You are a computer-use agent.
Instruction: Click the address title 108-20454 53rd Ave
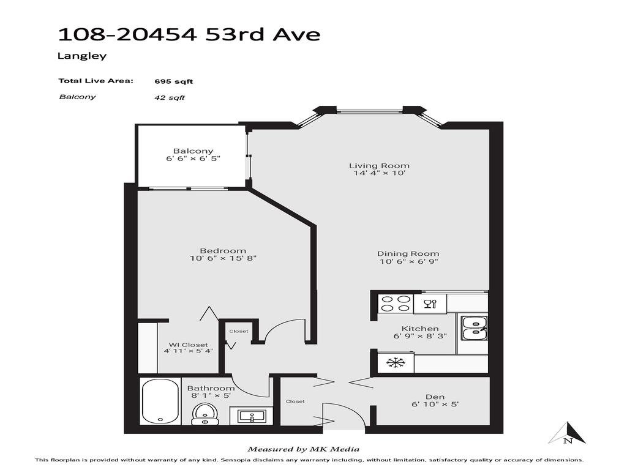[189, 34]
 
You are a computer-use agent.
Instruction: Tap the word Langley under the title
[82, 56]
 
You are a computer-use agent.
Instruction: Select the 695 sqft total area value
[174, 81]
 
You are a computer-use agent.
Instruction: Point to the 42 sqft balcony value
[170, 97]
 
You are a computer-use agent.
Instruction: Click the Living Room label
[379, 165]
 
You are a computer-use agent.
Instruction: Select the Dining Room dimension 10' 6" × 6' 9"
[408, 262]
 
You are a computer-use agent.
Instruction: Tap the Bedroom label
[223, 250]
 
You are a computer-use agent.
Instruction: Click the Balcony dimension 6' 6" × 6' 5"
[193, 159]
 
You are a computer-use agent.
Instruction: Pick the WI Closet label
[188, 345]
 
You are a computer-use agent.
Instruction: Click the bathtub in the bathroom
[160, 401]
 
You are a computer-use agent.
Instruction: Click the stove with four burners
[395, 304]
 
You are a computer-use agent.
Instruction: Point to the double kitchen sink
[473, 327]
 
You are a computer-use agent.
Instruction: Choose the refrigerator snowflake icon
[396, 364]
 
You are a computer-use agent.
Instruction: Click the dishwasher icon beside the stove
[430, 304]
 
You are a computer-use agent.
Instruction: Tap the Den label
[435, 397]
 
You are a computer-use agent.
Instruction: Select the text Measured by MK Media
[303, 449]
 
